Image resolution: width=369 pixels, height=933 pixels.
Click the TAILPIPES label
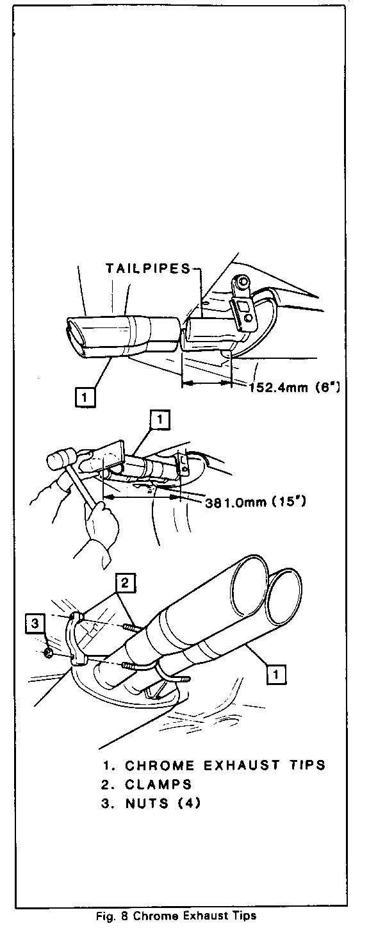(148, 268)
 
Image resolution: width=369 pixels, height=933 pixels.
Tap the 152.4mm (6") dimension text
(295, 388)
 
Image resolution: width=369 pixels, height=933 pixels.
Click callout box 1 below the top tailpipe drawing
(85, 397)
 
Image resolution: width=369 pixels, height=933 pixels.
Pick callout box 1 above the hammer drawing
(160, 420)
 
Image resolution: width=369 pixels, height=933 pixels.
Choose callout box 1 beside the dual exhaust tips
(277, 673)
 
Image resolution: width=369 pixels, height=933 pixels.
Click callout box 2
(126, 583)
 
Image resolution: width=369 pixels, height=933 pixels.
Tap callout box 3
(35, 623)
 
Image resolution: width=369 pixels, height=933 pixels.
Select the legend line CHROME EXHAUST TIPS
(213, 765)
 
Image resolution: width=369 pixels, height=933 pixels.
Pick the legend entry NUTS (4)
(151, 803)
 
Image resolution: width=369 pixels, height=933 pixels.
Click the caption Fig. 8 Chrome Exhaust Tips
(177, 916)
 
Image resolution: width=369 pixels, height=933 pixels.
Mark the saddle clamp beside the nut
(77, 640)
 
